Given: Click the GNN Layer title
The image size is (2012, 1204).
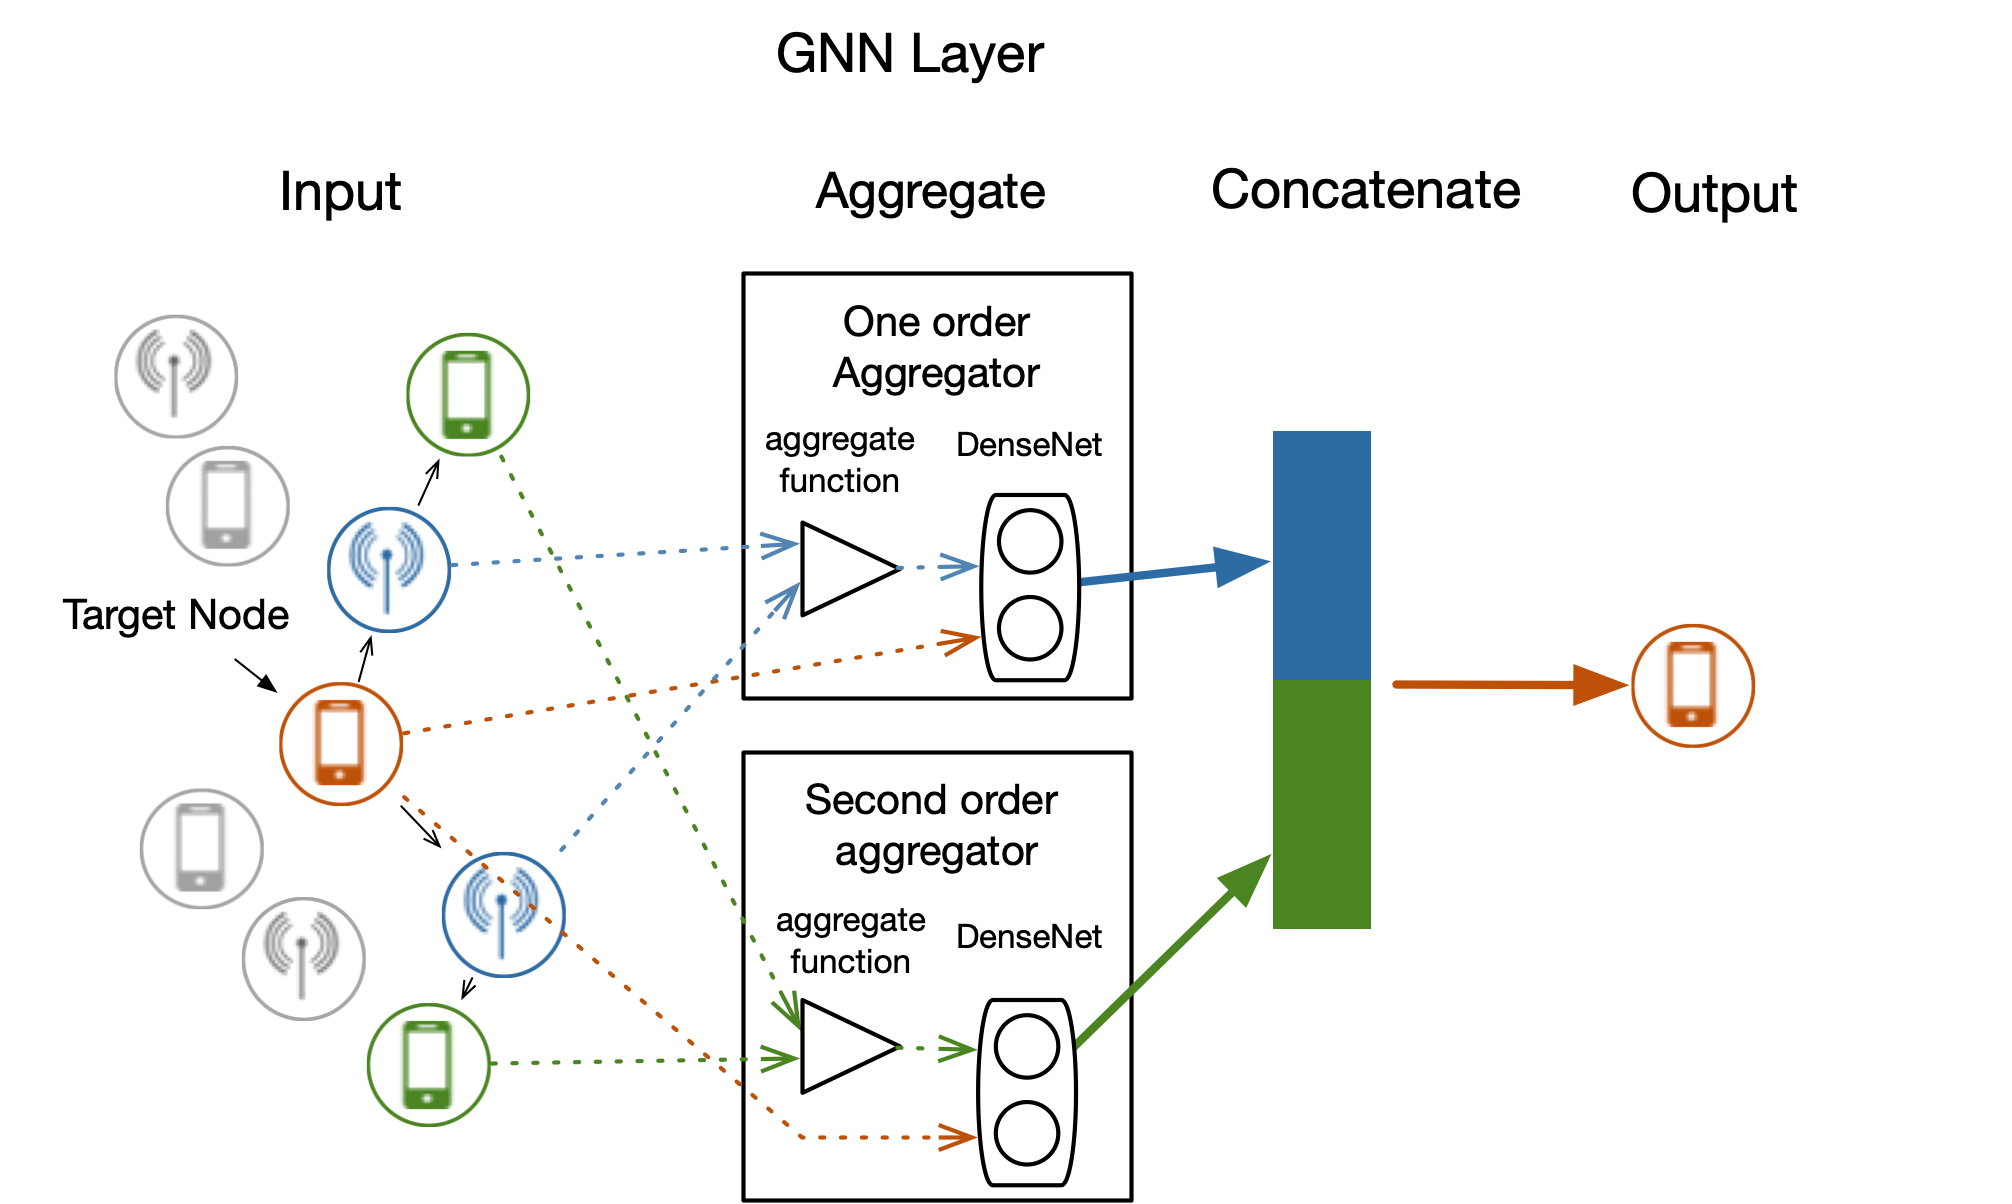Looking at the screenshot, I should (x=909, y=54).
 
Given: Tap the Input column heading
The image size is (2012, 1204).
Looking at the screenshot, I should (x=340, y=192).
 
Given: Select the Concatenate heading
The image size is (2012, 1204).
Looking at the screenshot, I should (x=1365, y=190).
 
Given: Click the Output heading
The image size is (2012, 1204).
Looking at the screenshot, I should (x=1713, y=194).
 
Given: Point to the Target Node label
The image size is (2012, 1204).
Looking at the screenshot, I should (x=176, y=615).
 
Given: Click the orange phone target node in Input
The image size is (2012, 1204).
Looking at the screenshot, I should (x=341, y=744).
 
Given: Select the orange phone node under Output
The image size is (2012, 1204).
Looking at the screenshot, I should (x=1692, y=686).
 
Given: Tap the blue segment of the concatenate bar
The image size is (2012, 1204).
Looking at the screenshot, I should (x=1321, y=555).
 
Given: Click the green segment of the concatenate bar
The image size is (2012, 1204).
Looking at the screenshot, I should (x=1321, y=804).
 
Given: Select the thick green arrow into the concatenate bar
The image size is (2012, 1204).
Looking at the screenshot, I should (x=1175, y=950).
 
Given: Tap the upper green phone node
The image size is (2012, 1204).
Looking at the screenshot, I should (x=468, y=395).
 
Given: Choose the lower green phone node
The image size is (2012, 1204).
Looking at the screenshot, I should (x=429, y=1065).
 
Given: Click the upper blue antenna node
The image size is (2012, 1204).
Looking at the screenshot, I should (x=389, y=570).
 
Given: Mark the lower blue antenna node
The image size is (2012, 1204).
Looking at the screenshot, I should (x=503, y=914).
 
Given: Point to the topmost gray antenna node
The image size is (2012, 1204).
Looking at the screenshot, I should (x=176, y=376).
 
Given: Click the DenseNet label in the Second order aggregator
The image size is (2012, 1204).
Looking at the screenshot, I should (x=1028, y=937).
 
